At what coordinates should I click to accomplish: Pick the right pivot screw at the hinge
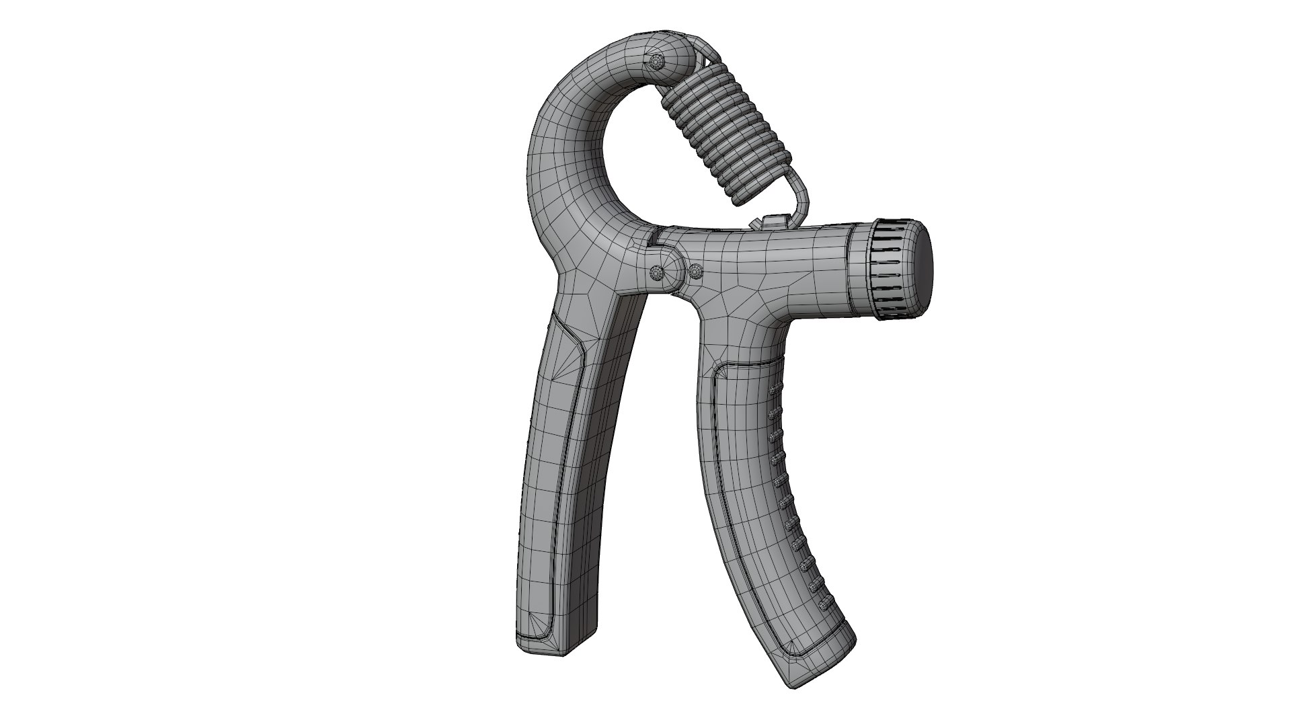696,272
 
